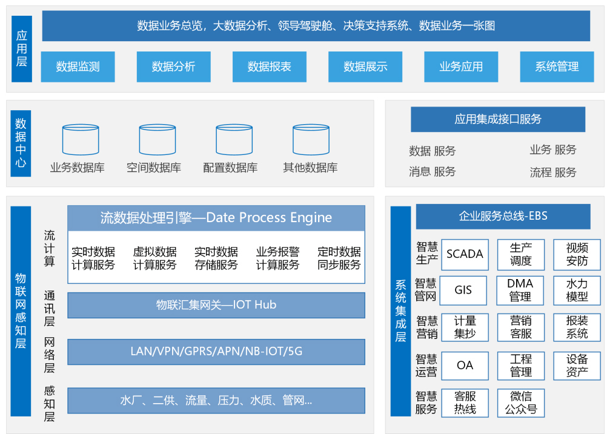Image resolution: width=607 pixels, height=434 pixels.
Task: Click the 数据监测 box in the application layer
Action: [x=78, y=67]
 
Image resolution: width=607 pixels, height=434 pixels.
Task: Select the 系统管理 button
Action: [x=557, y=67]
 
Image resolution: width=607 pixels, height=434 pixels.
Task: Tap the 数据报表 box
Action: [x=269, y=67]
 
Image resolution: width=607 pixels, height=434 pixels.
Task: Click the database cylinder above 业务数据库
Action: [x=81, y=140]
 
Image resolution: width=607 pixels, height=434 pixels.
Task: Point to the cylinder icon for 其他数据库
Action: [x=311, y=140]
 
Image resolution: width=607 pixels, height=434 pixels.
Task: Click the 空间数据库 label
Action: [x=154, y=168]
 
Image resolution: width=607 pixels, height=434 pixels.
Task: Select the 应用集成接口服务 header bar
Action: [x=498, y=119]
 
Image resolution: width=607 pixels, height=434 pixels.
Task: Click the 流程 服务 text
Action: [x=553, y=173]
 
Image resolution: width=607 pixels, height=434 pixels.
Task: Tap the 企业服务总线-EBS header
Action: [x=503, y=216]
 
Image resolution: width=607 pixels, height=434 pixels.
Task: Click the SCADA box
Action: [x=465, y=254]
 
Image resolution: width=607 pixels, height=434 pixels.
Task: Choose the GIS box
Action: [x=463, y=291]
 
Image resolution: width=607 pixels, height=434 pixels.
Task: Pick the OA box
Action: [x=465, y=366]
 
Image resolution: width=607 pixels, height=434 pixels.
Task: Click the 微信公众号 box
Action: [x=521, y=403]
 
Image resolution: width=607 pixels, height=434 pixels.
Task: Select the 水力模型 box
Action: [x=577, y=291]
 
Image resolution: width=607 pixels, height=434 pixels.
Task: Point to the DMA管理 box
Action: [x=520, y=291]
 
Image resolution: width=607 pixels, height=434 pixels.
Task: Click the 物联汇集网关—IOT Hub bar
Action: [x=216, y=305]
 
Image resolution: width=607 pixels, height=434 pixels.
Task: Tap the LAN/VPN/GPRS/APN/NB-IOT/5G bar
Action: [x=216, y=351]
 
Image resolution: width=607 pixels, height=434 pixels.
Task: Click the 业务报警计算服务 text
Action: [x=277, y=258]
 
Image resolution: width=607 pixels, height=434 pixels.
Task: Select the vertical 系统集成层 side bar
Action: [x=400, y=311]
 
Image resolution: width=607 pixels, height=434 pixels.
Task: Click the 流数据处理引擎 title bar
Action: [x=216, y=218]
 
